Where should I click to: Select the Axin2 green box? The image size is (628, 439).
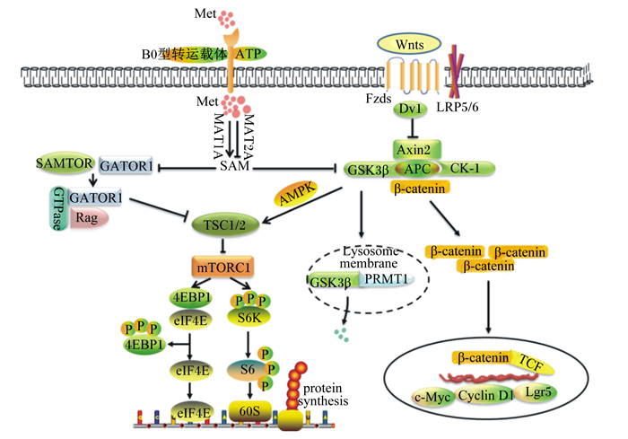point(418,148)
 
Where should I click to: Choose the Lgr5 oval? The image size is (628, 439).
point(540,391)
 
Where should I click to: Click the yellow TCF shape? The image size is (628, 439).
point(532,361)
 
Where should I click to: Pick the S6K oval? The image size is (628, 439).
point(249,315)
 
